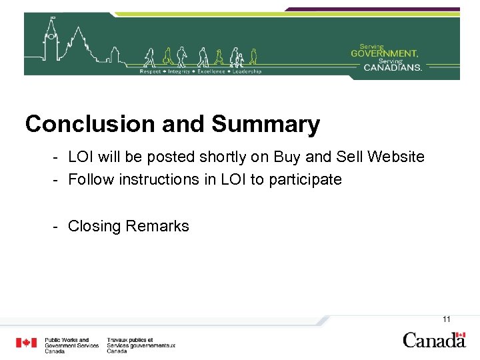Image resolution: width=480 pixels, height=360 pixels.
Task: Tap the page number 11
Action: (447, 319)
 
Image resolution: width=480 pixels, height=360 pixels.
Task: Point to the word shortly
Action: (219, 157)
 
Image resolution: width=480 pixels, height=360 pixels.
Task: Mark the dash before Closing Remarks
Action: (57, 227)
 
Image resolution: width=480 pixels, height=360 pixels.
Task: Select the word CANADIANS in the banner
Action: (393, 67)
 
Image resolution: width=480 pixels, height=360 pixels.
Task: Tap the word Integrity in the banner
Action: (179, 71)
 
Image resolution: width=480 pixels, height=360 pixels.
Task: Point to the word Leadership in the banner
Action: (247, 71)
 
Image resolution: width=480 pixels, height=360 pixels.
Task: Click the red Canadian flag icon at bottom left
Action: (27, 343)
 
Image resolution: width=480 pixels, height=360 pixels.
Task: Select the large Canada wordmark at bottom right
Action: (434, 339)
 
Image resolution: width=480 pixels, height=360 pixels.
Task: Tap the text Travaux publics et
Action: (129, 340)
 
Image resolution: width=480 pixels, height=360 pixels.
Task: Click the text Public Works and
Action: (67, 340)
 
